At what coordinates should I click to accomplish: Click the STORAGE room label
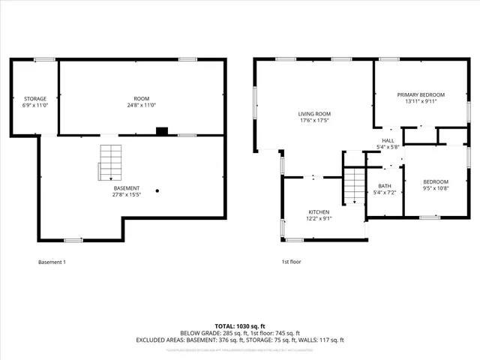click(35, 98)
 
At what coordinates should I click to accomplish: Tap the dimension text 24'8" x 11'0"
click(142, 105)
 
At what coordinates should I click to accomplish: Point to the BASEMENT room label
click(126, 188)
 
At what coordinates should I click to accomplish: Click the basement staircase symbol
click(109, 161)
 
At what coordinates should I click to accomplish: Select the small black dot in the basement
click(157, 190)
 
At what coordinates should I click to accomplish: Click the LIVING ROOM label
click(314, 113)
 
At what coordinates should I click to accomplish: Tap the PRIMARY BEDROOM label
click(421, 94)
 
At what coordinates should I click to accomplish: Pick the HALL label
click(388, 140)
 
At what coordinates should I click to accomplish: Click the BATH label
click(385, 186)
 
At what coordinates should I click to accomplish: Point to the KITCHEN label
click(319, 212)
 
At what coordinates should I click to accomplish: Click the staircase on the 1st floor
click(353, 185)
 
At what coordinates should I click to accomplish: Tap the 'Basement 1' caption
click(52, 262)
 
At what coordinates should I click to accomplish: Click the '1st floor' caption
click(291, 262)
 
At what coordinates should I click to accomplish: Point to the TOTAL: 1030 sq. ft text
click(239, 325)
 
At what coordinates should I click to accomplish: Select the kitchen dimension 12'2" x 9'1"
click(319, 219)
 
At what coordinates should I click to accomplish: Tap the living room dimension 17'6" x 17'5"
click(314, 120)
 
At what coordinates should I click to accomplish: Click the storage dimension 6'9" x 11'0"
click(35, 105)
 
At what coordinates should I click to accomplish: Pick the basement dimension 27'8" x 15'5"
click(126, 195)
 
